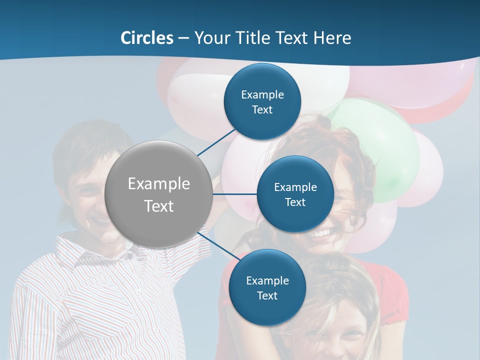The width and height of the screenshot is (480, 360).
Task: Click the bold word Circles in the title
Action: coord(147,38)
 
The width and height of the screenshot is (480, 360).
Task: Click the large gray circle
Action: coord(158,194)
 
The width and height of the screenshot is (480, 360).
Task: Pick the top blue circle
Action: coord(262,101)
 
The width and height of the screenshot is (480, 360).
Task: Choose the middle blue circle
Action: coord(295,194)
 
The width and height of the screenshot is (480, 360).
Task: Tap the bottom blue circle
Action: coord(267,287)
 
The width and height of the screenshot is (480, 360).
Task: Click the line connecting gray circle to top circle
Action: coord(217,142)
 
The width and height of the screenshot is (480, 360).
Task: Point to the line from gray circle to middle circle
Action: coord(234,194)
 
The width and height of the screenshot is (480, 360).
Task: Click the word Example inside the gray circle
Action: coord(158,184)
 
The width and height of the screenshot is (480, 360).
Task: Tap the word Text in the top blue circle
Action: coord(262,110)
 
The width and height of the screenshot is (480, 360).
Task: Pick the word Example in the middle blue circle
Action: coord(295,187)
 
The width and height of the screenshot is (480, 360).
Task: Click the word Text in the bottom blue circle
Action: coord(267,295)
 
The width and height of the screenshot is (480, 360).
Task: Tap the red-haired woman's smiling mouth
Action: coord(321,233)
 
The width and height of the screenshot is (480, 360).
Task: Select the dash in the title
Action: coord(183,38)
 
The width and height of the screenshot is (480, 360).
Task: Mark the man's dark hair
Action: coord(85,140)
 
